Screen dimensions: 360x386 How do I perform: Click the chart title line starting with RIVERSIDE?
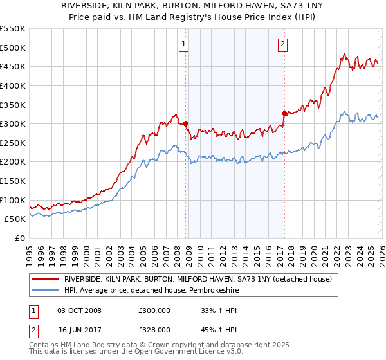193,5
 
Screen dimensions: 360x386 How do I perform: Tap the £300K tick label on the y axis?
13,123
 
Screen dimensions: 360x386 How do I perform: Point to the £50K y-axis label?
15,219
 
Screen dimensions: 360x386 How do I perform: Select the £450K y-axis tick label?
13,66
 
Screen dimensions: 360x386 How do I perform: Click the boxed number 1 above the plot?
184,44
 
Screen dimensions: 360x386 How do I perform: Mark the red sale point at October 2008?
185,123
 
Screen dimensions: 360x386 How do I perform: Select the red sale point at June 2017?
284,113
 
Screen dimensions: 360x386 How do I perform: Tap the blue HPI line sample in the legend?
45,289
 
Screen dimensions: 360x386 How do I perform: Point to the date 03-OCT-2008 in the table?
79,310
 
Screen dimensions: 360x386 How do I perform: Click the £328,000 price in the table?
154,329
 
